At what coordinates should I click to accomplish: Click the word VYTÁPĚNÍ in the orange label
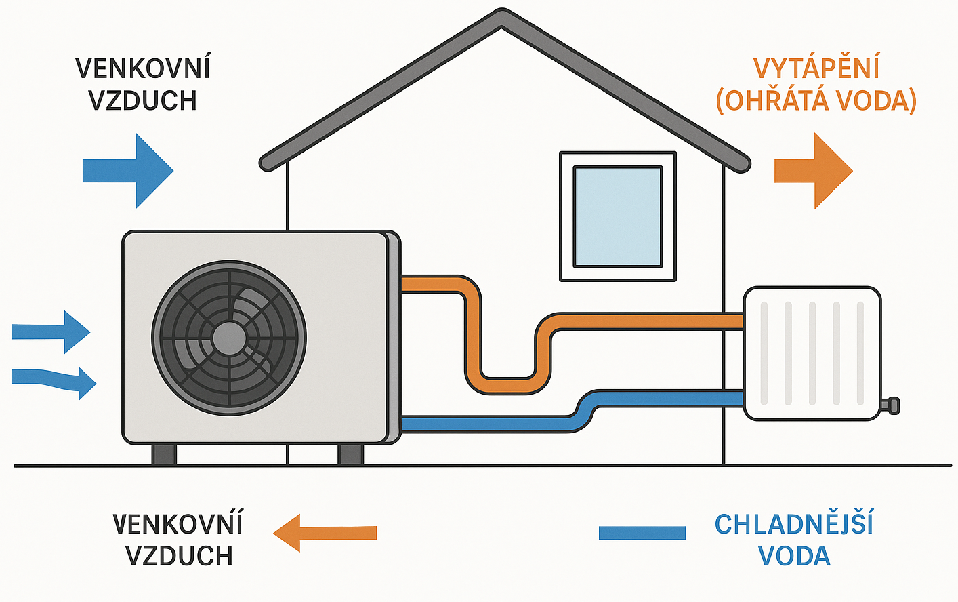(816, 68)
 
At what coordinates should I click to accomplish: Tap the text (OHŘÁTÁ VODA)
(816, 100)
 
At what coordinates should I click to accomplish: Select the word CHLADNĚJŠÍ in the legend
(793, 524)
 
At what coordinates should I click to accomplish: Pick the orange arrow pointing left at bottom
(324, 533)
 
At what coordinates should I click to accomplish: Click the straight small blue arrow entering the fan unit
(51, 332)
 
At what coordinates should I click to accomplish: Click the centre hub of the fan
(229, 338)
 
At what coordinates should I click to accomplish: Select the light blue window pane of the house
(617, 216)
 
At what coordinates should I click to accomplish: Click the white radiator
(812, 353)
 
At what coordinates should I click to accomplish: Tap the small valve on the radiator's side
(892, 406)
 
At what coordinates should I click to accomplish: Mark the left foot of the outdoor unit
(164, 454)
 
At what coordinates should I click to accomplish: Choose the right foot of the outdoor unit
(350, 454)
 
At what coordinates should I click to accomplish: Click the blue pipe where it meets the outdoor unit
(407, 424)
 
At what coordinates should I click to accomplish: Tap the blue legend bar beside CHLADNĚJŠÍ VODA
(642, 533)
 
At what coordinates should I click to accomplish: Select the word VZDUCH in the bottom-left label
(179, 556)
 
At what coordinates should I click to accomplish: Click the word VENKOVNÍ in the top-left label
(143, 68)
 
